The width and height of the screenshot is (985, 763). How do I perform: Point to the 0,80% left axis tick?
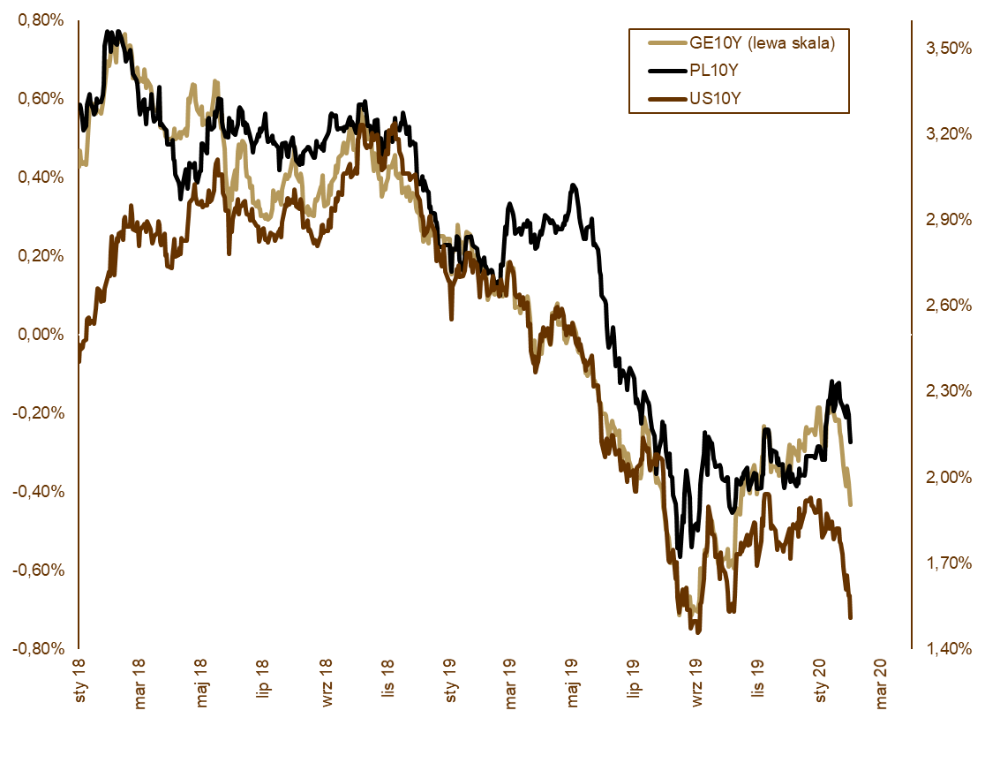41,20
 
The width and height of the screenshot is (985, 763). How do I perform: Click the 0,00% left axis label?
41,335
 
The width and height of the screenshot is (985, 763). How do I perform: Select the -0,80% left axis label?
39,648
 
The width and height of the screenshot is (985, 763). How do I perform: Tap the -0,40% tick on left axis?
39,491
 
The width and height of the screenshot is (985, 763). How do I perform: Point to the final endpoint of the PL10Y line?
850,442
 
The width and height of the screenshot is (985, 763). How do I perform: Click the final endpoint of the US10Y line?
850,617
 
